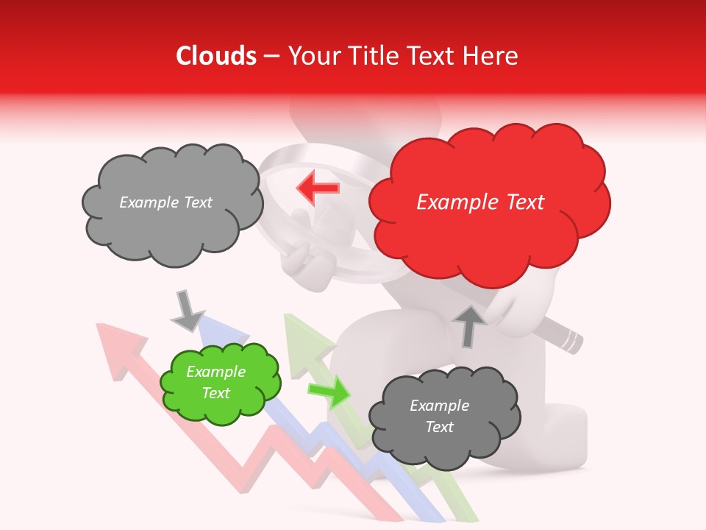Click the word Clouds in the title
point(216,56)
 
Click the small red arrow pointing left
point(318,188)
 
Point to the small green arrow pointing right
point(329,392)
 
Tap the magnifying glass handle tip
point(572,342)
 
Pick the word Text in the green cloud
point(216,393)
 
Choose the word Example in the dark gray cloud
point(439,406)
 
